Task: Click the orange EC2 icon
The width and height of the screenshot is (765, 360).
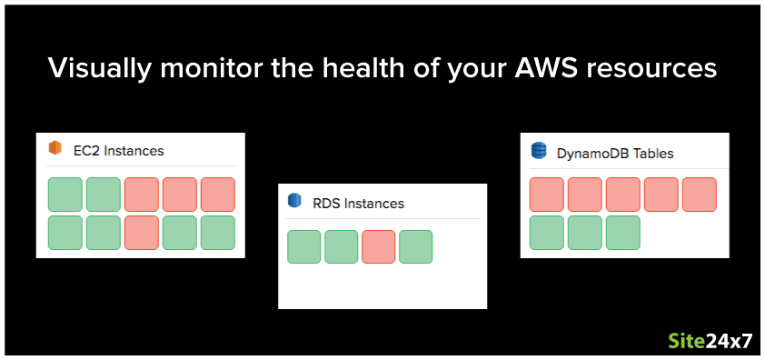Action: coord(55,149)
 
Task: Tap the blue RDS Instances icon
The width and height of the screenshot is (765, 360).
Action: coord(293,202)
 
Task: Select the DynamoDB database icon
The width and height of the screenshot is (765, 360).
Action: coord(539,152)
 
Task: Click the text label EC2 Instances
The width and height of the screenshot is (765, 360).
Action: coord(118,150)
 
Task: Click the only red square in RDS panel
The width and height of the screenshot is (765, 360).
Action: coord(379,247)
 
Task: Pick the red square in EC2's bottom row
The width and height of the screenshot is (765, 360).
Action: coord(142,233)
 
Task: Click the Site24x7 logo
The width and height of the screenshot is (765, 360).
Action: coord(710,342)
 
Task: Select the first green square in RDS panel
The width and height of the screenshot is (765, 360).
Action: coord(304,247)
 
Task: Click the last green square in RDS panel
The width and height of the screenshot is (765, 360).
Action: coord(416,247)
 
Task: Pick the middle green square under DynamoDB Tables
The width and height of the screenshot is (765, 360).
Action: coord(585,233)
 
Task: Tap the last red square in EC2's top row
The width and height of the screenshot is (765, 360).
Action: coord(218,195)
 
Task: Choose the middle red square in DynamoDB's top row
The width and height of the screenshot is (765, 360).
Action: coord(623,195)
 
